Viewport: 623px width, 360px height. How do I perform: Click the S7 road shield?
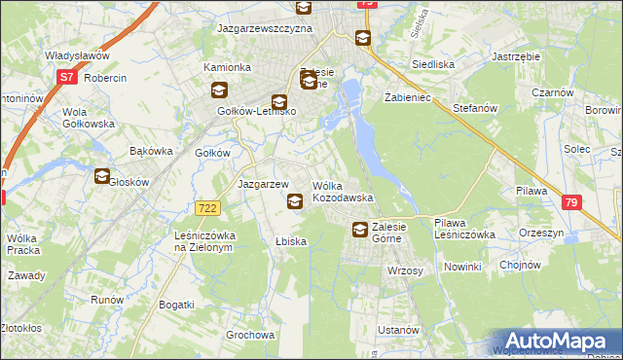[x=66, y=77]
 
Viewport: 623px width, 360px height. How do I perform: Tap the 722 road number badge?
[x=206, y=208]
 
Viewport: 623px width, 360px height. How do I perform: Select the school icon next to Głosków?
[x=102, y=176]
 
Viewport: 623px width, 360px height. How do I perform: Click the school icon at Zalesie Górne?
[x=360, y=230]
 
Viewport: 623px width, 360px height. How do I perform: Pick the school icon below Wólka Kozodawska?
[x=295, y=201]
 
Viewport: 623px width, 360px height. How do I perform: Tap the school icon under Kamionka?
[x=219, y=90]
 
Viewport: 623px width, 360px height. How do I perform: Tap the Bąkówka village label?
[x=151, y=151]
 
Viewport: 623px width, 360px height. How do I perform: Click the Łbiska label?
[x=291, y=241]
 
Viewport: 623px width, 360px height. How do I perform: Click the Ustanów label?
[x=398, y=330]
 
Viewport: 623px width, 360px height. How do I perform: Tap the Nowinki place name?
[x=462, y=267]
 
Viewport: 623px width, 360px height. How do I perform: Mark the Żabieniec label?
[x=408, y=98]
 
